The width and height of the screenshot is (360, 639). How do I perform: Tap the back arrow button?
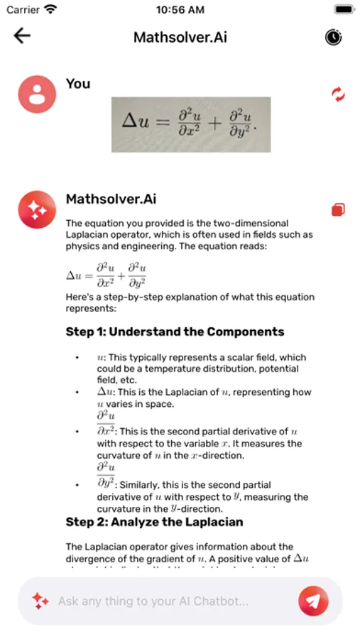[23, 36]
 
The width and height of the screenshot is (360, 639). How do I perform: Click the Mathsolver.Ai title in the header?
[180, 37]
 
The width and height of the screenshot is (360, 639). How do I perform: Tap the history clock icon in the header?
[333, 37]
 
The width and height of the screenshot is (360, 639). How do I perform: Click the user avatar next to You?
[37, 94]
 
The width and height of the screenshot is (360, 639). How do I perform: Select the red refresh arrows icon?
[338, 94]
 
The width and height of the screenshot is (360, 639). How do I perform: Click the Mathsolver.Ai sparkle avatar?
[37, 209]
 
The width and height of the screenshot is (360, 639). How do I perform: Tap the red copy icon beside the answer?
[338, 209]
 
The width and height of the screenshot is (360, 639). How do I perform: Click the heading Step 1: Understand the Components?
[175, 332]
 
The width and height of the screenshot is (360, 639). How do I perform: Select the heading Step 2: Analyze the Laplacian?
[154, 522]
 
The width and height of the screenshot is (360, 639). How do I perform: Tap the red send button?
[313, 601]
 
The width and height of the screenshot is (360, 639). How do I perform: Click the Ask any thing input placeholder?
[153, 601]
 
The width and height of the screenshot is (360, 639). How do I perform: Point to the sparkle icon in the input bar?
[40, 601]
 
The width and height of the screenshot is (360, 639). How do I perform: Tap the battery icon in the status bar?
[344, 10]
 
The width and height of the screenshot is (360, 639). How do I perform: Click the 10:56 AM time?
[180, 10]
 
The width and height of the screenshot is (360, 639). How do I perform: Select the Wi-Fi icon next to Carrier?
[50, 10]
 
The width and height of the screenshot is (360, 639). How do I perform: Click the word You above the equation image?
[78, 84]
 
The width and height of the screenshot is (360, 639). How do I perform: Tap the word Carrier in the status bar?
[23, 10]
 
